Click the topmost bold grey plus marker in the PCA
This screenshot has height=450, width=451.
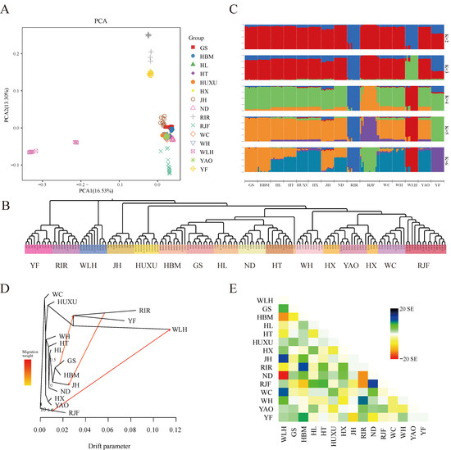coord(148,35)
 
